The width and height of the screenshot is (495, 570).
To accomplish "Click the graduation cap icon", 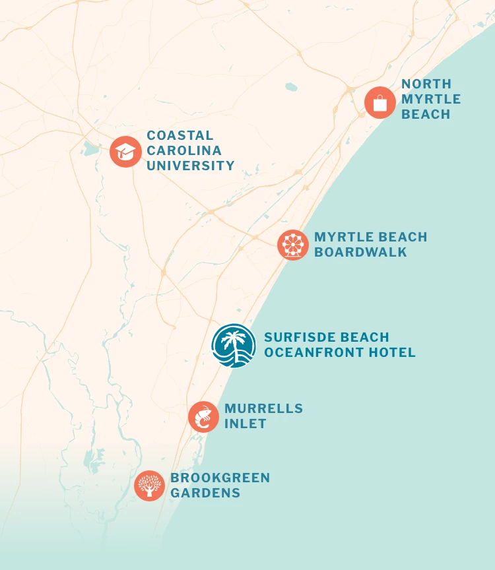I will pyautogui.click(x=125, y=152).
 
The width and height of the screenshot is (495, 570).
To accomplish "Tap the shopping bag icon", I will pyautogui.click(x=380, y=103).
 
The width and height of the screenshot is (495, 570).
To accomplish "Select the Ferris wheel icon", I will pyautogui.click(x=293, y=245).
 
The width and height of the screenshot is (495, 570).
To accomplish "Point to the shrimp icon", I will pyautogui.click(x=204, y=417).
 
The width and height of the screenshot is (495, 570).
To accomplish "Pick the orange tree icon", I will pyautogui.click(x=150, y=486).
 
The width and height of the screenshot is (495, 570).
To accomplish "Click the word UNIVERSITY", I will pyautogui.click(x=191, y=166).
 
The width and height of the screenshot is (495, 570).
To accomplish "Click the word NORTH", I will pyautogui.click(x=426, y=84).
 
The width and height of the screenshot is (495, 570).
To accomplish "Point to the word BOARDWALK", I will pyautogui.click(x=360, y=252).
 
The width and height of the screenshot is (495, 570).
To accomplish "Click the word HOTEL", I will pyautogui.click(x=392, y=352).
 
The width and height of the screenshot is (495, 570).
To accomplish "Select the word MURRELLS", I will pyautogui.click(x=264, y=408).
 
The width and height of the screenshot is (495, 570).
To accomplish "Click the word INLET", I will pyautogui.click(x=246, y=424).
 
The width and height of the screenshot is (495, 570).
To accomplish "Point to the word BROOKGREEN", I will pyautogui.click(x=220, y=478).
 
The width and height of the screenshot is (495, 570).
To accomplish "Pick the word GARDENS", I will pyautogui.click(x=205, y=493).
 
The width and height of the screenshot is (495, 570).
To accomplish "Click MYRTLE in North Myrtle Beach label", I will pyautogui.click(x=431, y=99).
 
